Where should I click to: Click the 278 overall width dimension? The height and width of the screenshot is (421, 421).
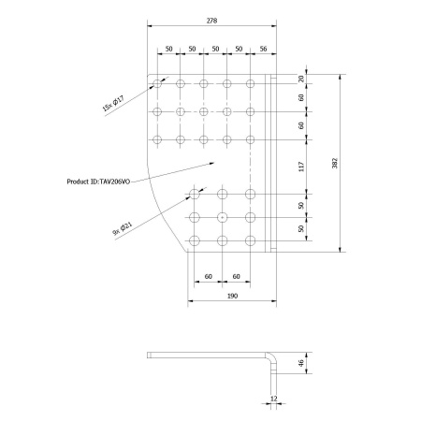211,21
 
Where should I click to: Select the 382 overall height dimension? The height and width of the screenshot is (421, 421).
335,163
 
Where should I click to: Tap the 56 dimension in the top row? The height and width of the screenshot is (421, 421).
263,49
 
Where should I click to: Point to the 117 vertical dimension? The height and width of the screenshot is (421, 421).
301,167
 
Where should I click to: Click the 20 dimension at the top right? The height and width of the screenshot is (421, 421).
301,79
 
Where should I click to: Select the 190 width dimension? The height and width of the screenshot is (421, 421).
232,296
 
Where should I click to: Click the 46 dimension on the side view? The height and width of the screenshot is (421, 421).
301,363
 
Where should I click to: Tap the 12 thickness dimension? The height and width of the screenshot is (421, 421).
274,399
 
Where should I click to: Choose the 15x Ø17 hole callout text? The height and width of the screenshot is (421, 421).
113,103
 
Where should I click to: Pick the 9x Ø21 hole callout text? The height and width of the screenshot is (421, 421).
123,228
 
